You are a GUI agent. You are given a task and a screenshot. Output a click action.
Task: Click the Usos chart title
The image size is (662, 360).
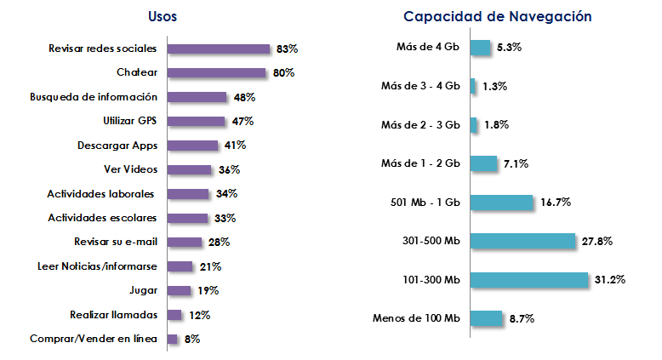[163, 16]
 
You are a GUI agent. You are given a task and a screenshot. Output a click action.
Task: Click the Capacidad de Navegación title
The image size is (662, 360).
[498, 16]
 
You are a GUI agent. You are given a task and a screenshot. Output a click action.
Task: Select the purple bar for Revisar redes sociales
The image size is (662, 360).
[219, 49]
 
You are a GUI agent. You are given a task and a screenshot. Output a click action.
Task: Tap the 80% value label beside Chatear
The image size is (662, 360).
[283, 73]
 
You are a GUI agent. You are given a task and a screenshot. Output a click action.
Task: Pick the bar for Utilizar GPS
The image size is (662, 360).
[197, 122]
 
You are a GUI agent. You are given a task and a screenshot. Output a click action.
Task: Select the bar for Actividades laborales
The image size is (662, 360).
[188, 194]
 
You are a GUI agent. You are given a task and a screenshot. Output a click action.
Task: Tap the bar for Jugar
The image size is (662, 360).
[180, 291]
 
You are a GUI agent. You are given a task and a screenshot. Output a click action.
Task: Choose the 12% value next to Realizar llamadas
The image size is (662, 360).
[199, 315]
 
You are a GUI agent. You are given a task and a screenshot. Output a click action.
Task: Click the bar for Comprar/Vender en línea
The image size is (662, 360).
[173, 340]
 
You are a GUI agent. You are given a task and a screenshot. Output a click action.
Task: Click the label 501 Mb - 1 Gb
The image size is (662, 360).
[423, 203]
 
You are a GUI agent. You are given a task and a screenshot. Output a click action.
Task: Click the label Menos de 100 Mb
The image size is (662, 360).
[416, 318]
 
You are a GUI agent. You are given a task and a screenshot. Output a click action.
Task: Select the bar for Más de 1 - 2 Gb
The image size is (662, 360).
[483, 163]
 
